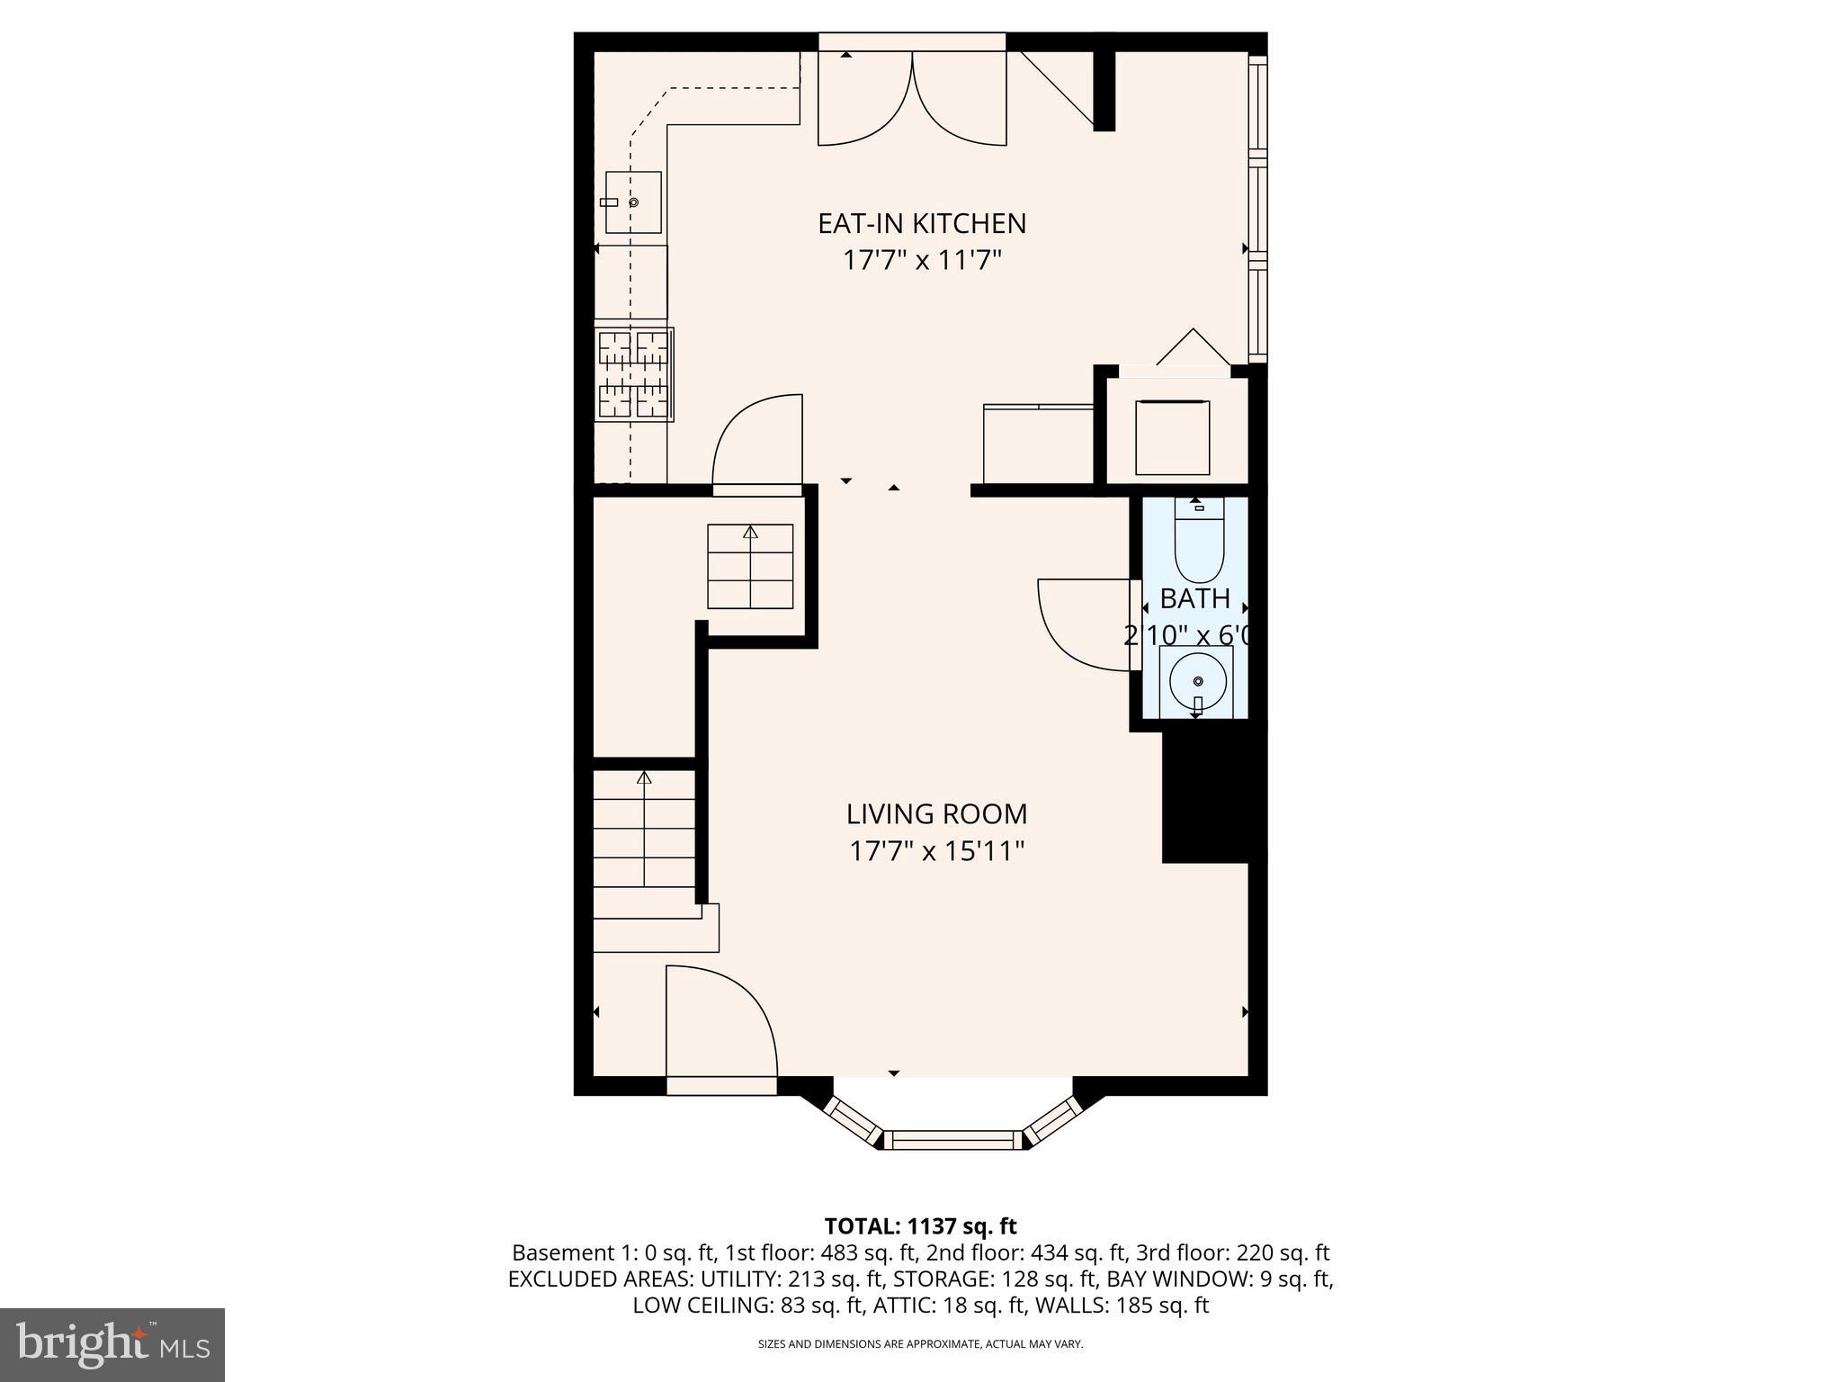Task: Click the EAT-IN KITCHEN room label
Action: [x=921, y=223]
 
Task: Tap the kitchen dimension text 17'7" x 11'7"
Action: [x=921, y=261]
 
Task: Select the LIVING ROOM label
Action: [x=936, y=813]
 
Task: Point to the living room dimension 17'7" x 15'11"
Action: [x=936, y=851]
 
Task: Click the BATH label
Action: [x=1194, y=598]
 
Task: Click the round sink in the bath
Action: [x=1196, y=681]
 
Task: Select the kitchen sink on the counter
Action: [x=632, y=202]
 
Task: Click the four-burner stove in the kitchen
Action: [x=635, y=374]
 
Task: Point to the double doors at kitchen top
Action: [x=912, y=99]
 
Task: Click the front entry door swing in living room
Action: [x=720, y=1022]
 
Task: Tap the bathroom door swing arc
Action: [x=1084, y=625]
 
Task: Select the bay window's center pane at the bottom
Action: [x=952, y=1141]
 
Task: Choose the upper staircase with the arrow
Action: [x=750, y=567]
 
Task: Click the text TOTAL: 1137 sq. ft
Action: [x=920, y=1225]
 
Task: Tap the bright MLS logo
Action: [x=112, y=1344]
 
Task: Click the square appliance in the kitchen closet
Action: [x=1172, y=437]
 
